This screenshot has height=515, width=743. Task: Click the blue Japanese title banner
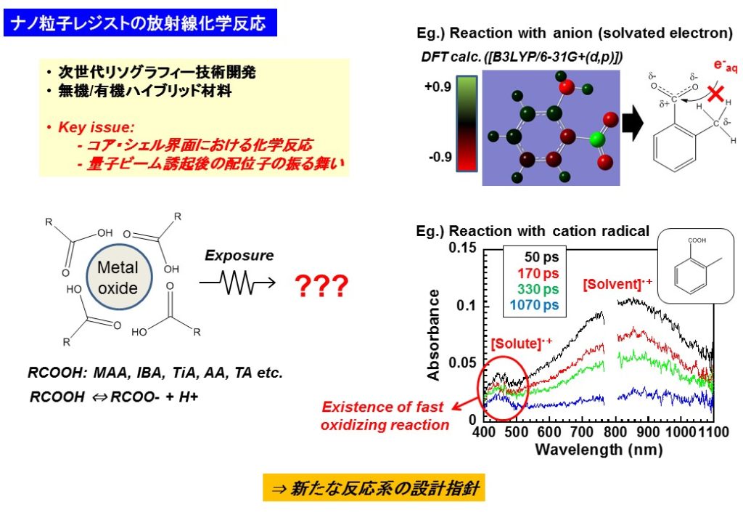[140, 23]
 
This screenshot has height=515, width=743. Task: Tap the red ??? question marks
[321, 285]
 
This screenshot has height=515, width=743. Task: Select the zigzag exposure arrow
[237, 283]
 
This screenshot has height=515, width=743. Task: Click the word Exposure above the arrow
[239, 256]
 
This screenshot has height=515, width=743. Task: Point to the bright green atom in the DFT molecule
[597, 140]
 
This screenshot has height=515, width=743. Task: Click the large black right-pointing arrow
[633, 123]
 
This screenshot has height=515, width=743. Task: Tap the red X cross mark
[715, 93]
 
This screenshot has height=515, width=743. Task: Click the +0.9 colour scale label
[438, 86]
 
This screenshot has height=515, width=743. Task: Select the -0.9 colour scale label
[440, 157]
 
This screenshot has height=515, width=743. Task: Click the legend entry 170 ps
[538, 274]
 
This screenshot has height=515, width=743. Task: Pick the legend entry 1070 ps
[534, 305]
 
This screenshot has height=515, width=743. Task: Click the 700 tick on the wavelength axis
[581, 432]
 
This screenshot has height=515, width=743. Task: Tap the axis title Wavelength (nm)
[599, 449]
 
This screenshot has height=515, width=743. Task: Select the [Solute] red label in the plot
[521, 343]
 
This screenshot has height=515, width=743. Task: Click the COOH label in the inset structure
[697, 240]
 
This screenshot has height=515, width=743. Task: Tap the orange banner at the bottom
[374, 487]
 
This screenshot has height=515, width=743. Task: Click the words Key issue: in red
[97, 127]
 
